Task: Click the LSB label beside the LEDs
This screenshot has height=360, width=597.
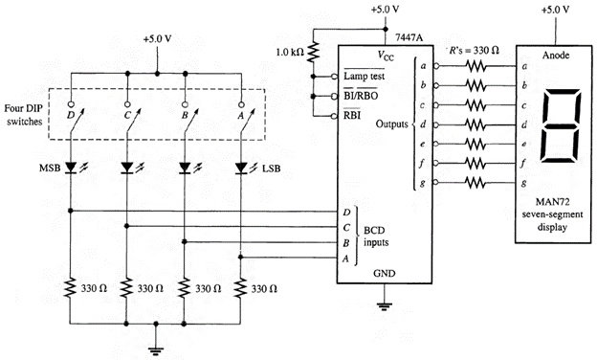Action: [x=271, y=169]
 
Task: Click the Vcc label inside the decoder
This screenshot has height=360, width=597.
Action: [x=387, y=56]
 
